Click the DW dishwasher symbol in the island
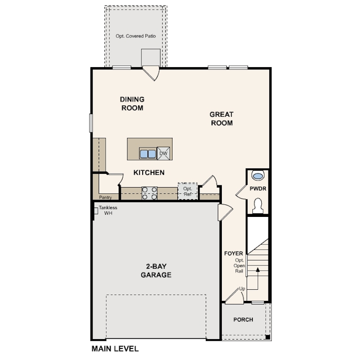(164, 153)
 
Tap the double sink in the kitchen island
(148, 154)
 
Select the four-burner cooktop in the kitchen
(149, 193)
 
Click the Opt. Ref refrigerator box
(188, 191)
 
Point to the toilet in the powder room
(258, 205)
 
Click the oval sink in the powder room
(258, 176)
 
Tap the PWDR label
(258, 189)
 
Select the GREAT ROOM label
(222, 119)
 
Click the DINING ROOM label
(132, 104)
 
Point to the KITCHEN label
(149, 172)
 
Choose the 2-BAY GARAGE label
(156, 271)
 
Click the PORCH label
(243, 320)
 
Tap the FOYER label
(233, 253)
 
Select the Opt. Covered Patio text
(136, 36)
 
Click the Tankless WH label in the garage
(108, 210)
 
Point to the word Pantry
(105, 197)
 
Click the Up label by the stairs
(242, 288)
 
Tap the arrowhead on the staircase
(258, 269)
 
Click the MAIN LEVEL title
(115, 349)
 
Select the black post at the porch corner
(268, 337)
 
